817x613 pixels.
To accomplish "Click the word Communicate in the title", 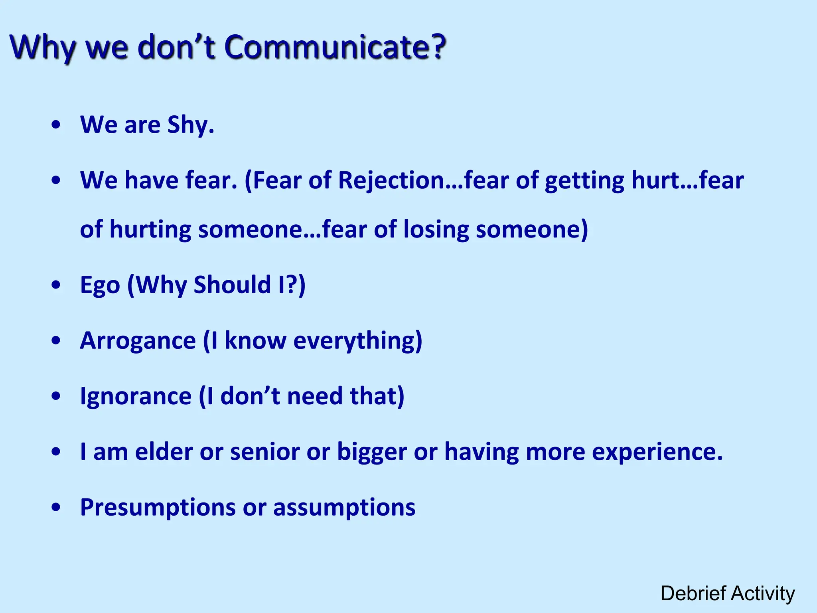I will [x=335, y=47].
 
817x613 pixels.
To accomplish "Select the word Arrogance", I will [x=138, y=341].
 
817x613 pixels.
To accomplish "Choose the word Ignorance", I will [x=136, y=396].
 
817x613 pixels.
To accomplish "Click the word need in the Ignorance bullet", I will [x=315, y=396].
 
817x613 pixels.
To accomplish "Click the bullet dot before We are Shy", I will [x=56, y=125].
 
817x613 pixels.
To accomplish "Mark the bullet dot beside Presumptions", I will [x=56, y=507].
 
